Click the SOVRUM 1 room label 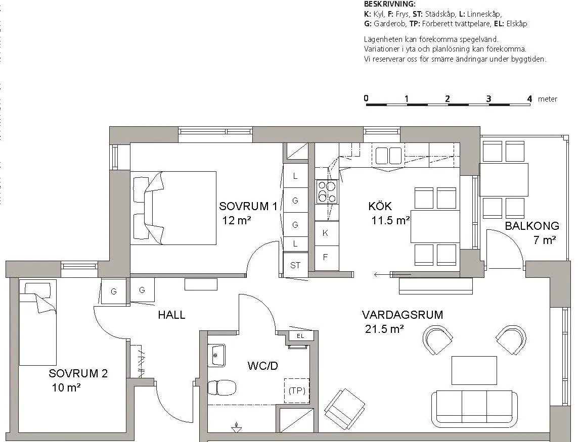248,206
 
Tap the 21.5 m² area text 384,330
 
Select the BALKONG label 531,226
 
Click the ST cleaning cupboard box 295,265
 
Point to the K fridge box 325,233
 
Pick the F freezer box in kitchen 325,257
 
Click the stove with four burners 327,192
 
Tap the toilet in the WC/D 222,388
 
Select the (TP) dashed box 296,390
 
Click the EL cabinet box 300,335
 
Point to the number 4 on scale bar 529,99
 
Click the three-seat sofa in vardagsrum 474,408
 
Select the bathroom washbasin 216,356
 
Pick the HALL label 171,315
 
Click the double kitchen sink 388,155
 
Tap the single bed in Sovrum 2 37,323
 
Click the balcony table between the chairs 504,179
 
